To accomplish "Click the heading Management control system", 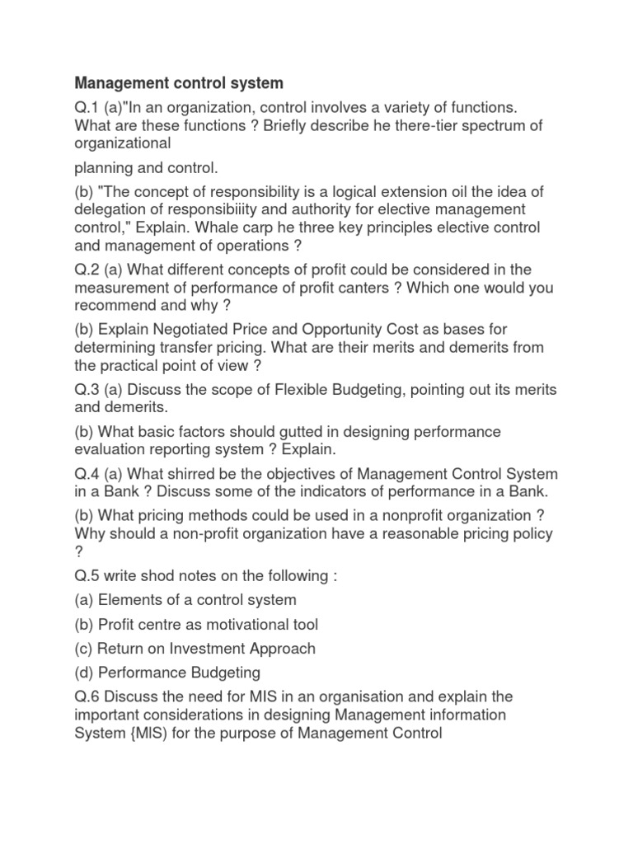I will (179, 83).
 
